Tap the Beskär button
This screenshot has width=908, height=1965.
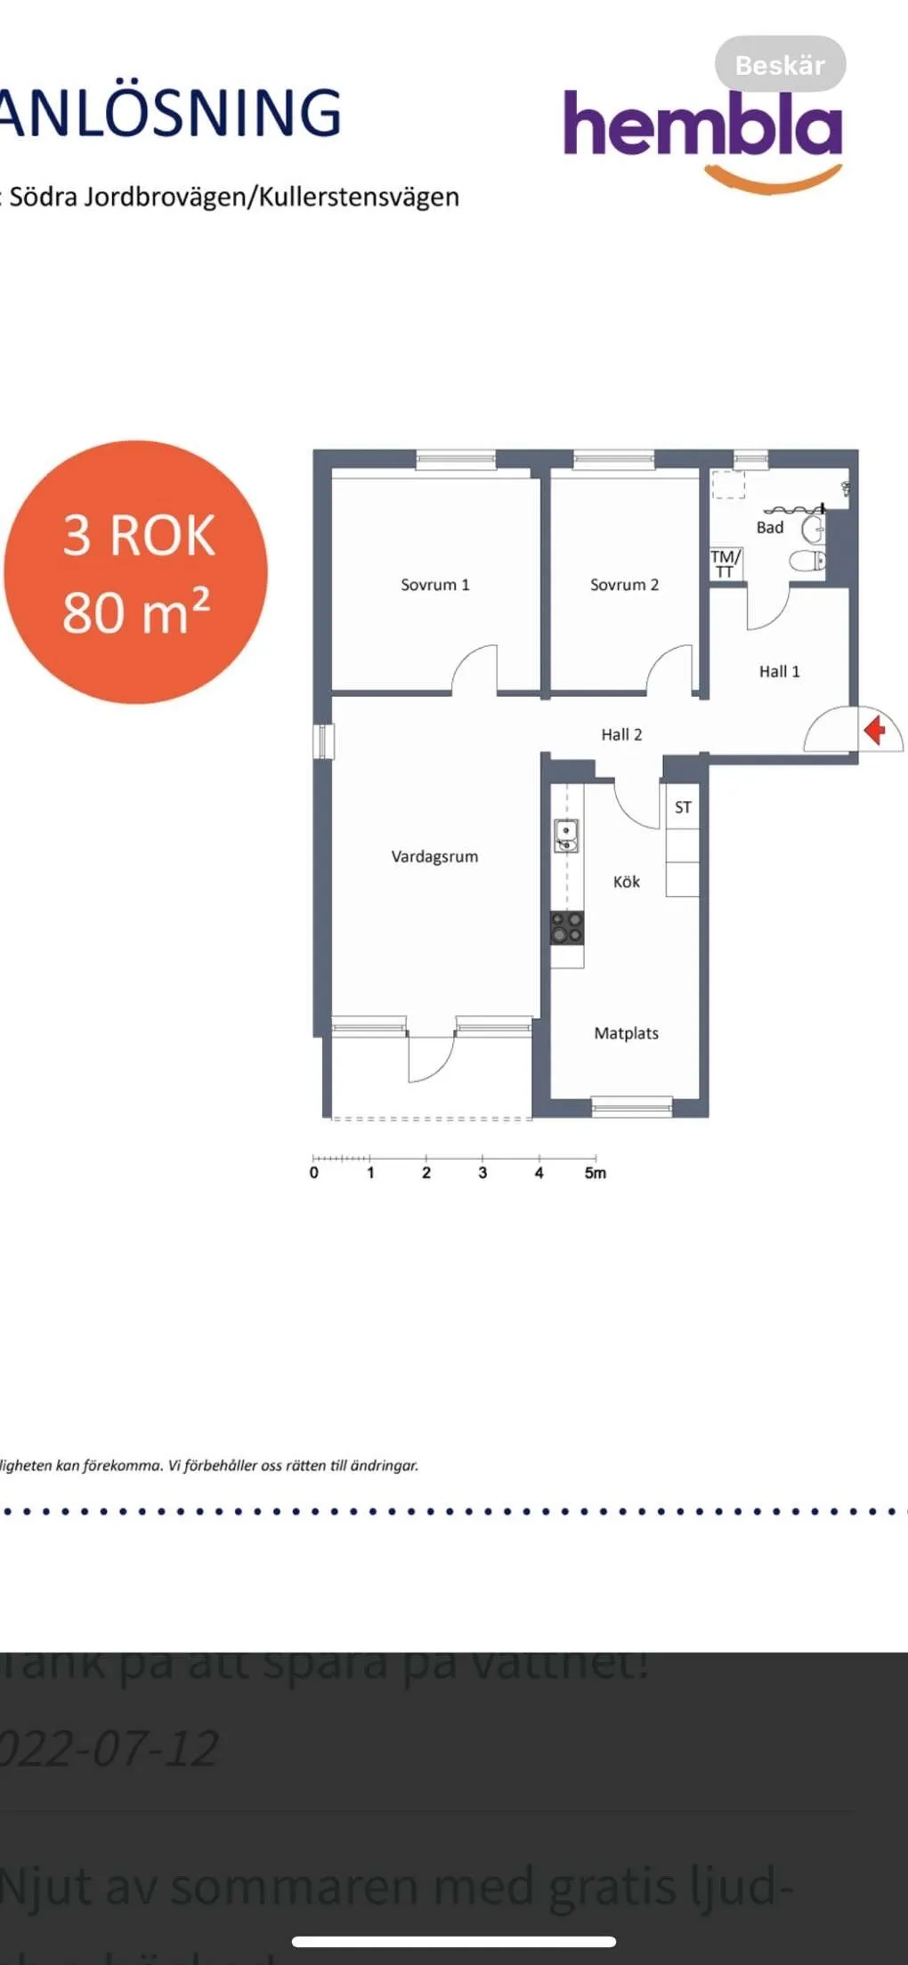pos(780,65)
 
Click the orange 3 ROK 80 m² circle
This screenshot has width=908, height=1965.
pos(136,572)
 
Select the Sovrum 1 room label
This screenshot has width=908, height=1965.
pos(434,585)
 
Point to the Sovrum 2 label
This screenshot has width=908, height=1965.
pos(624,585)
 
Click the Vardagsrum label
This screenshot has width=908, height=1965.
pos(434,856)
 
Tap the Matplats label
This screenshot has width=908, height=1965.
pos(626,1033)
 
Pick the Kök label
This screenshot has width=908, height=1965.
pos(626,882)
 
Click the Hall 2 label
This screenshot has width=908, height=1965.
pos(621,734)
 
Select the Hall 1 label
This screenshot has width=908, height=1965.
pos(779,672)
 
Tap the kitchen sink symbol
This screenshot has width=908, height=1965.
pos(566,835)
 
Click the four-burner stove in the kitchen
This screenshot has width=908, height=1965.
pos(566,927)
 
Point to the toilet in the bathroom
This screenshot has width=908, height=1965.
pos(809,561)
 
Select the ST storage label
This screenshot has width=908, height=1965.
pos(683,807)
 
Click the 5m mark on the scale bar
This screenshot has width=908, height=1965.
pos(595,1173)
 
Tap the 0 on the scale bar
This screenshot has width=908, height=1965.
pos(313,1173)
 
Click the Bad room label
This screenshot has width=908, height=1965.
pos(770,528)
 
